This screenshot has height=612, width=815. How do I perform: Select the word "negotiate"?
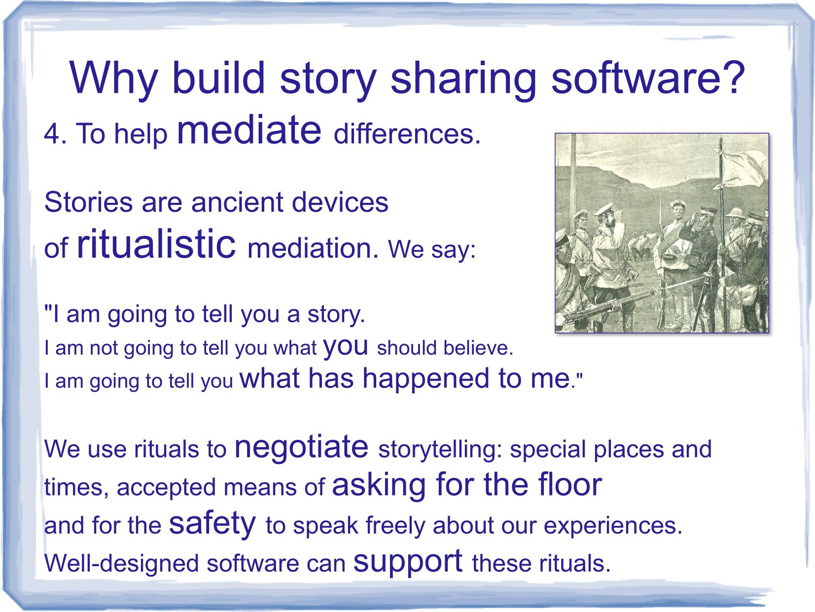(301, 448)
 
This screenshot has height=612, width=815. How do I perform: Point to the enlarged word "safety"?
(213, 525)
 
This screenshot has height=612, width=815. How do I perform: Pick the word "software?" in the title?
(648, 78)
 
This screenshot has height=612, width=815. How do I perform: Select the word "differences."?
(407, 134)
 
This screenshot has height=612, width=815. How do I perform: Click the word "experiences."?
(613, 526)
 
